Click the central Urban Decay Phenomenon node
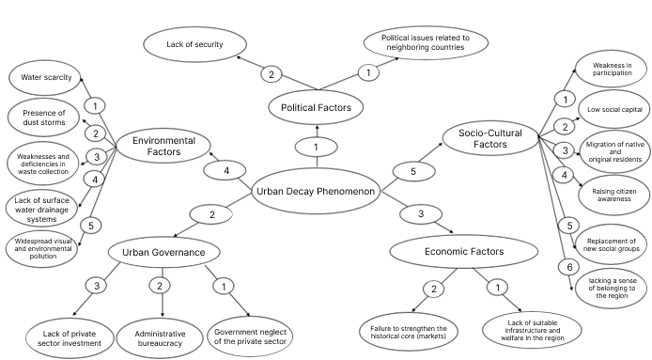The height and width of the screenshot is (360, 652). click(x=316, y=192)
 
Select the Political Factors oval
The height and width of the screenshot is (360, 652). click(x=316, y=107)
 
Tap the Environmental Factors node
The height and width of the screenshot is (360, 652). click(x=163, y=146)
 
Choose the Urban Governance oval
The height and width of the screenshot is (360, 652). click(x=163, y=252)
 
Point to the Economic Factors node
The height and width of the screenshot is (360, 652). click(x=464, y=251)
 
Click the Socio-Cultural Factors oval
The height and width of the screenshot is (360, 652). click(x=490, y=138)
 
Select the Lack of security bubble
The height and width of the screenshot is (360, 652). click(x=194, y=44)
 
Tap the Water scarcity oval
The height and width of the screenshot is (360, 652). click(x=45, y=77)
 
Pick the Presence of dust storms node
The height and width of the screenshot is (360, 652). click(x=43, y=117)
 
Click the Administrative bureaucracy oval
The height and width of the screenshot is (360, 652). click(x=160, y=338)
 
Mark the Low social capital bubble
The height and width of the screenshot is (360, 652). click(x=614, y=109)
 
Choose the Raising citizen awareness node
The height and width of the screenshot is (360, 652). click(x=614, y=195)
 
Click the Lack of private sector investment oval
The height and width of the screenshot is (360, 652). click(x=70, y=338)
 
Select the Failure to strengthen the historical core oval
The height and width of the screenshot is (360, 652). click(x=409, y=332)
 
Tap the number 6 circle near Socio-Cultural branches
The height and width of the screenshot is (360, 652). click(x=569, y=267)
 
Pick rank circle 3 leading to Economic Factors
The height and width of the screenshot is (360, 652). click(x=421, y=214)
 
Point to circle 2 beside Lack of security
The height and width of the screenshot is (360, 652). click(x=272, y=74)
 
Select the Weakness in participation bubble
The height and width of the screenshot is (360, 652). click(x=612, y=70)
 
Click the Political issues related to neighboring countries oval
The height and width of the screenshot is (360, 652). click(x=426, y=42)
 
